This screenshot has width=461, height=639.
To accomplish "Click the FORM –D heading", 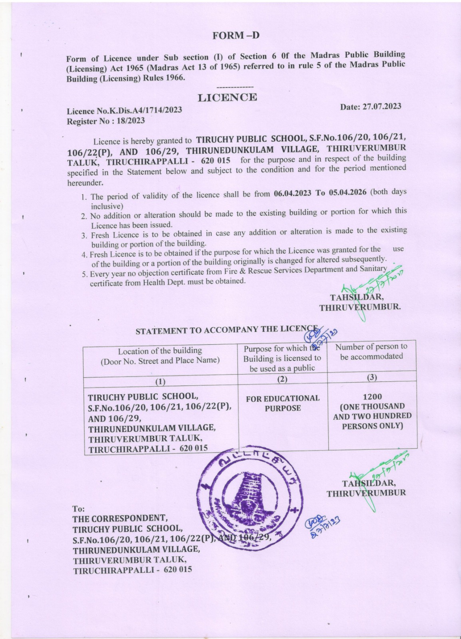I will click(236, 36).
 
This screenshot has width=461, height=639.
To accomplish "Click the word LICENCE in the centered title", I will click(228, 97).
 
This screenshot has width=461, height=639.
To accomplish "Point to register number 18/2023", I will click(130, 121).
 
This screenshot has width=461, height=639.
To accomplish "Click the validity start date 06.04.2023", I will click(292, 193).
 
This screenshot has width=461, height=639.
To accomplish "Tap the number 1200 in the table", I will click(372, 397).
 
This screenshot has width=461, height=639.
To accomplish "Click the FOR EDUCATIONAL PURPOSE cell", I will click(283, 403).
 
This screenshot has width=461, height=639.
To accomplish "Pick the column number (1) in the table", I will click(160, 381).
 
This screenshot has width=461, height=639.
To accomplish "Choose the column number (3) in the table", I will click(372, 377).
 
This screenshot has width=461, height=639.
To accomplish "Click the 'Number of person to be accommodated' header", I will click(371, 351).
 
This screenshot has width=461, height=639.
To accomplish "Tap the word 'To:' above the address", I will click(78, 509).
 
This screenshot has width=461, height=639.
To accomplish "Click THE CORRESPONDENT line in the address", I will click(120, 518).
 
